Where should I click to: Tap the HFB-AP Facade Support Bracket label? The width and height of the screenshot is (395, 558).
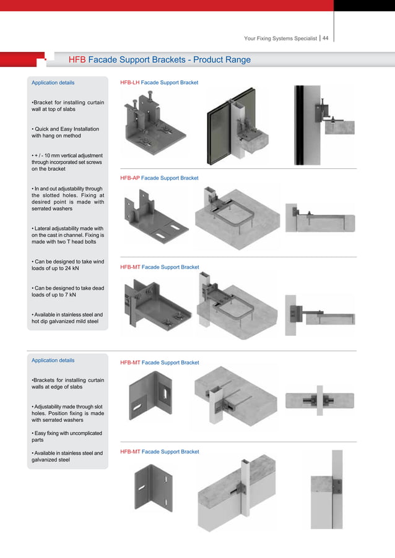coord(159,178)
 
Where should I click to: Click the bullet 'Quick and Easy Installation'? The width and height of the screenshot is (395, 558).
coord(65,132)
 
